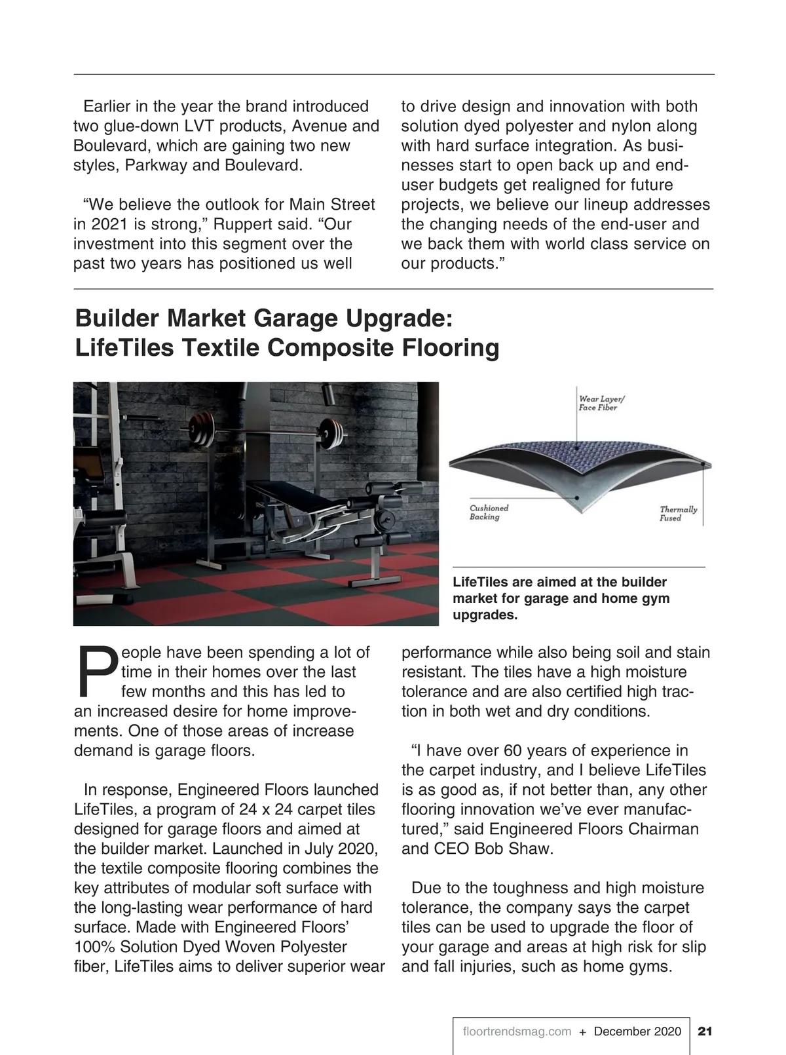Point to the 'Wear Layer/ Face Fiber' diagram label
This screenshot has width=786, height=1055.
601,402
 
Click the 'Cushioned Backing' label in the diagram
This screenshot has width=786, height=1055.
489,512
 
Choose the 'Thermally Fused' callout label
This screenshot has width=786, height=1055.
678,514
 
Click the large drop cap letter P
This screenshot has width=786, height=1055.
96,672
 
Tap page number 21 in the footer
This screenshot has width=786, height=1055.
705,1031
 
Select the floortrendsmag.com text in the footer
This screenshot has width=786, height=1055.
517,1031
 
